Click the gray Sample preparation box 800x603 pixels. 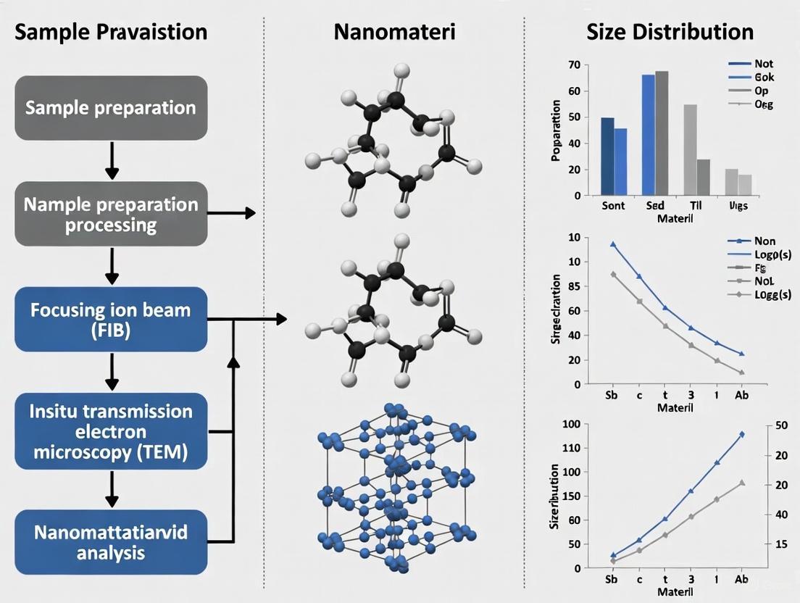(x=111, y=108)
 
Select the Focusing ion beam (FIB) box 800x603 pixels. (x=111, y=320)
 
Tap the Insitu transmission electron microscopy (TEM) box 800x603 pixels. (x=111, y=432)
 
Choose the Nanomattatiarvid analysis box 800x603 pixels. (x=111, y=542)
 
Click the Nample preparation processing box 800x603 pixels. (x=111, y=213)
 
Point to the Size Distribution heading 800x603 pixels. (x=670, y=32)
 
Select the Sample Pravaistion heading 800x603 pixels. (x=111, y=32)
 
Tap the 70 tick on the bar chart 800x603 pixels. (x=574, y=65)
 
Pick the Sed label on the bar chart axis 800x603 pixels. (x=654, y=206)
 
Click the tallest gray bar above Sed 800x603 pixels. (x=662, y=133)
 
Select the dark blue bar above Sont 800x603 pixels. (x=607, y=156)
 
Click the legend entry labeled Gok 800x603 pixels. (x=764, y=77)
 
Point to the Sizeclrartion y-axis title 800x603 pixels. (x=557, y=308)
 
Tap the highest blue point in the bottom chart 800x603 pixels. (x=741, y=433)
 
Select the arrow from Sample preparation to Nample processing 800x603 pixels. (x=111, y=160)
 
